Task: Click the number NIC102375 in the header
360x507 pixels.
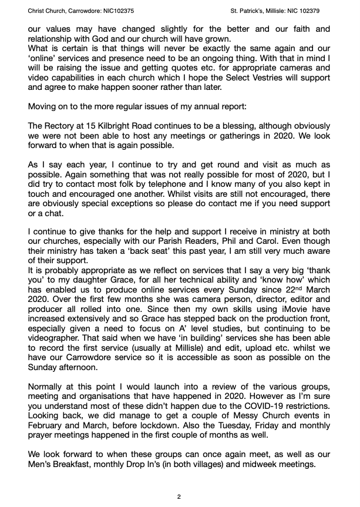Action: [117, 11]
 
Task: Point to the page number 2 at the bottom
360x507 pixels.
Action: [180, 496]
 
